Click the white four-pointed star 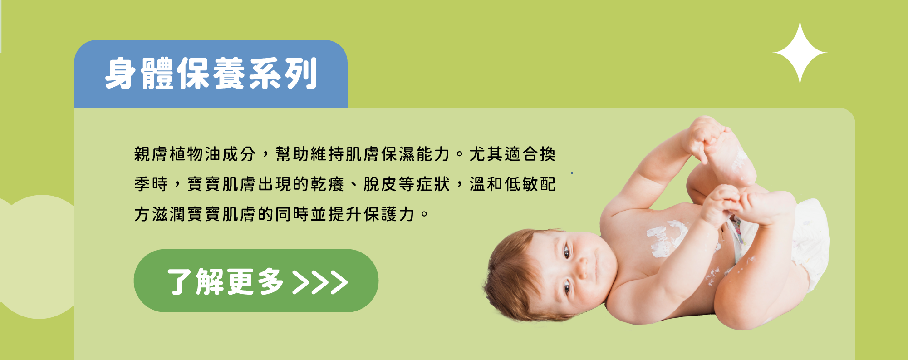click(x=800, y=53)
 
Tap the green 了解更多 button click(x=256, y=281)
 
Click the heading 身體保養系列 click(x=211, y=74)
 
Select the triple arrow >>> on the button click(x=320, y=282)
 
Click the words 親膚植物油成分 click(x=195, y=154)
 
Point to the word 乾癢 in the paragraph click(x=327, y=184)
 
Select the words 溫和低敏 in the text click(x=504, y=184)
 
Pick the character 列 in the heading click(x=300, y=74)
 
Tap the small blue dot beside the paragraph click(x=572, y=173)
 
